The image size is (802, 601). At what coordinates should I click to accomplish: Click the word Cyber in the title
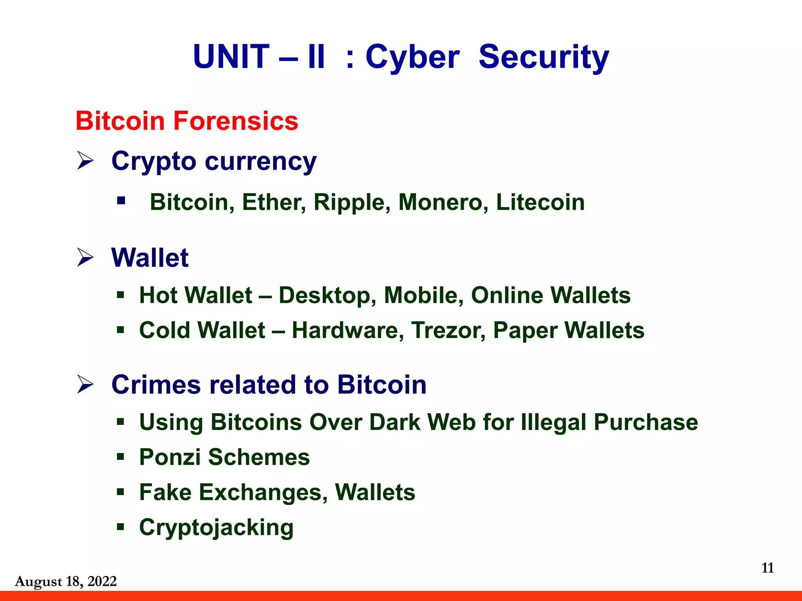[412, 57]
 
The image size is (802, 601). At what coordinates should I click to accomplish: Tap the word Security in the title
[544, 57]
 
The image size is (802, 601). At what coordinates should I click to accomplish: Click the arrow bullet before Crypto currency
[85, 161]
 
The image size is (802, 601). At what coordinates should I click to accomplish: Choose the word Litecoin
[540, 202]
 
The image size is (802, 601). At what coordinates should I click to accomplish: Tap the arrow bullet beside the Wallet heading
[85, 257]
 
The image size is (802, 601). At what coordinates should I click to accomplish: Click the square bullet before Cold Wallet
[121, 330]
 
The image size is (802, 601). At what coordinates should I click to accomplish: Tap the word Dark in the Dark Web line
[394, 422]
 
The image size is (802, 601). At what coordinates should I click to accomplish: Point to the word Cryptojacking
[216, 528]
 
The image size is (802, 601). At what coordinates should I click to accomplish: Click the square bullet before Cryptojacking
[121, 527]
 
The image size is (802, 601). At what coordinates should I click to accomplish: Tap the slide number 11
[768, 568]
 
